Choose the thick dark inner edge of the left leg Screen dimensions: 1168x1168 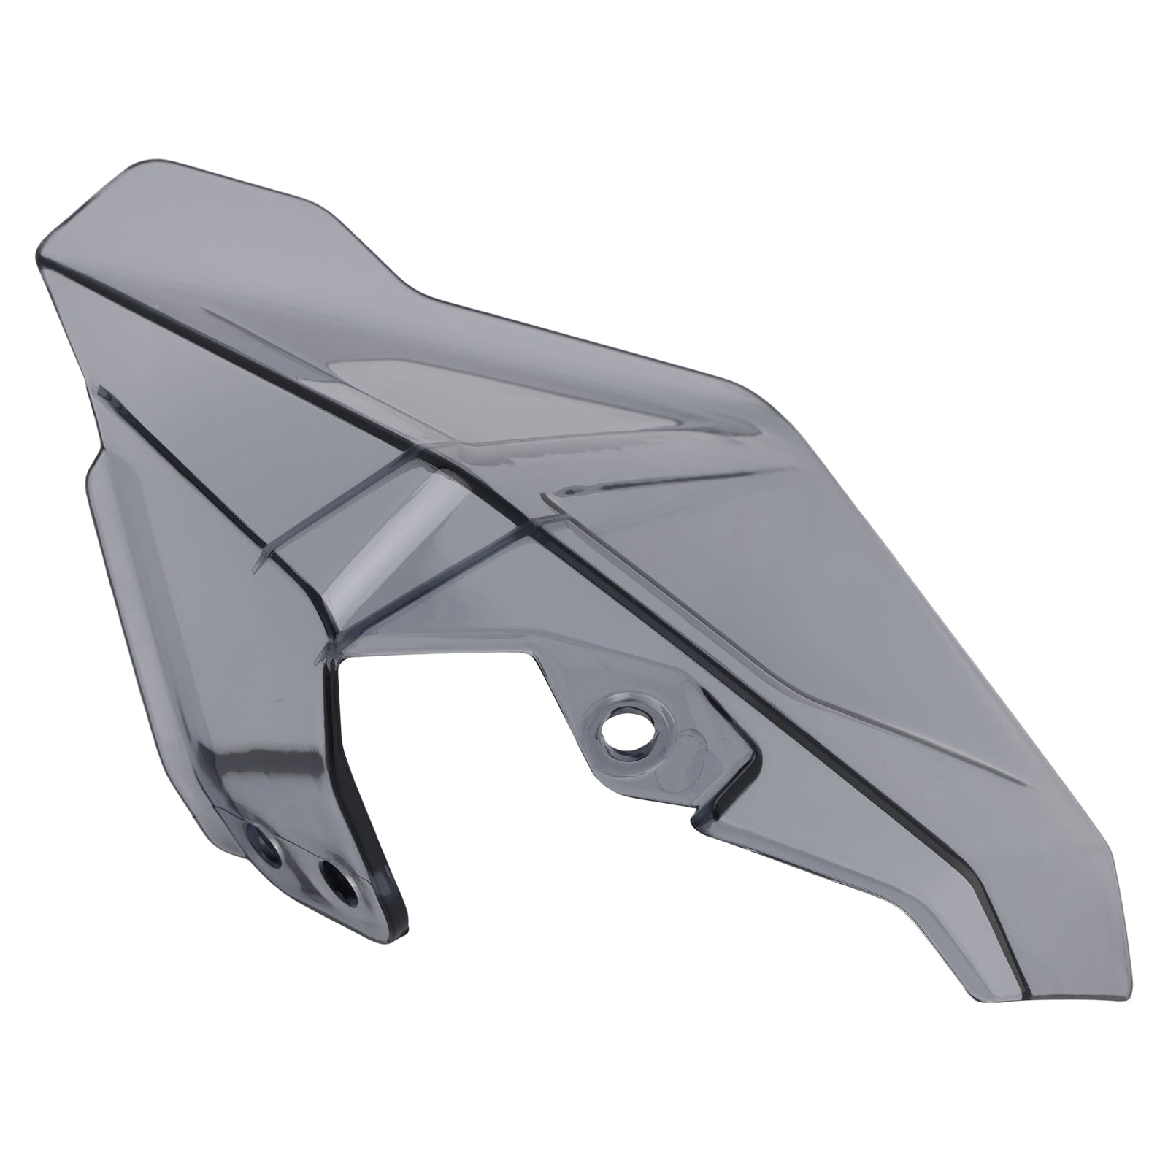click(x=365, y=803)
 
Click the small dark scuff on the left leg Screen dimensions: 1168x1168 click(x=274, y=699)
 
